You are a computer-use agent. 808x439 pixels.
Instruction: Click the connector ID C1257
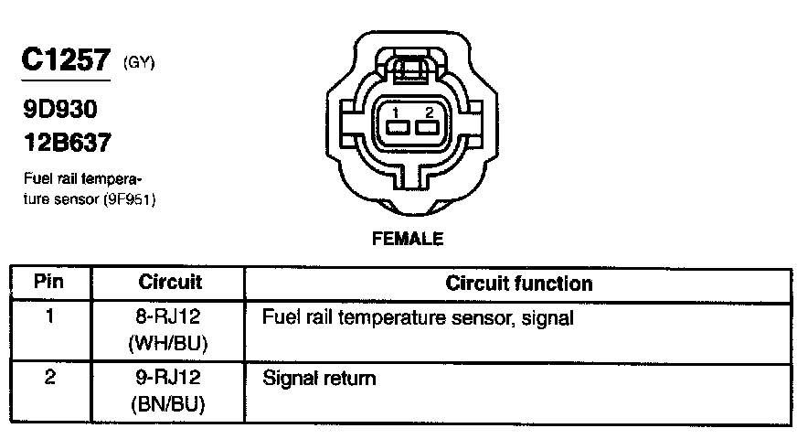tap(68, 60)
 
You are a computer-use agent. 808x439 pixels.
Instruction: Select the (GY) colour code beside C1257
tap(139, 63)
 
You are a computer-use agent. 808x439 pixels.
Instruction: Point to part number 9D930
tap(59, 110)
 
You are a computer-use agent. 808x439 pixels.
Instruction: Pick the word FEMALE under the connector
tap(408, 240)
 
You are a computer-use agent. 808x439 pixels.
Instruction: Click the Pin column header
tap(48, 283)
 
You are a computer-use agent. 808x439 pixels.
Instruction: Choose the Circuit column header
tap(170, 283)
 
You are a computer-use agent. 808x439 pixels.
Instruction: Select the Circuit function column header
tap(518, 284)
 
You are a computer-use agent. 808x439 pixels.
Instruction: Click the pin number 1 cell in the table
tap(49, 318)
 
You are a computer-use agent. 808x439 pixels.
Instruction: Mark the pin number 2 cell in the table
tap(49, 376)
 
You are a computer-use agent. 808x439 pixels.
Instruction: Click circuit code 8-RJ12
tap(170, 319)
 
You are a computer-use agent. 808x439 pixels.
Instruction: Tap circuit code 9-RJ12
tap(170, 377)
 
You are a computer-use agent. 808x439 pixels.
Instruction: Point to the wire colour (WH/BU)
tap(170, 345)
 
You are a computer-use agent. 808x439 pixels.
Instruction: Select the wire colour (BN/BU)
tap(170, 402)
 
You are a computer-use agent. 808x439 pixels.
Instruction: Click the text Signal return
tap(318, 377)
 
